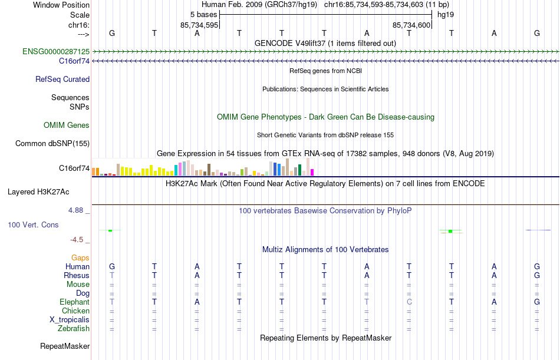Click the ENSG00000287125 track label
pos(56,52)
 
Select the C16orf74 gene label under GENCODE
pos(74,61)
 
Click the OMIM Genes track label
pos(67,125)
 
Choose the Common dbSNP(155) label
pos(52,143)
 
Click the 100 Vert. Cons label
pos(33,224)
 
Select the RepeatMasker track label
pos(64,346)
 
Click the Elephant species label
pos(74,302)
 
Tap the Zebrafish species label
pos(74,328)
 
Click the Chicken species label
pos(75,311)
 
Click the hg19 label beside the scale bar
pos(446,14)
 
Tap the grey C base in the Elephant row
pos(409,302)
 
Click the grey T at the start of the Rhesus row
pos(112,275)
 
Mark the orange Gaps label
pos(80,257)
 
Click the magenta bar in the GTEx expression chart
pos(312,172)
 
